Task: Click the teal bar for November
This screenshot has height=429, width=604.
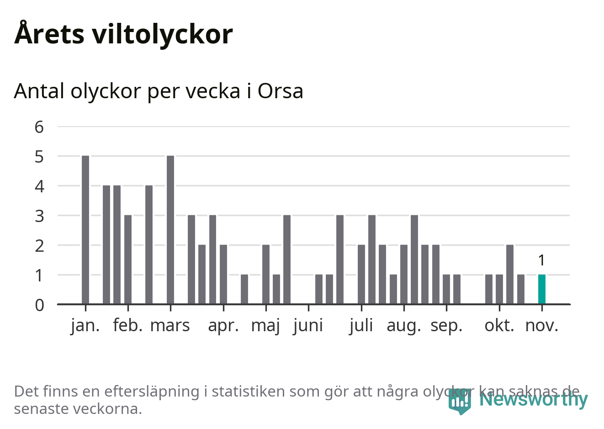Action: pyautogui.click(x=541, y=289)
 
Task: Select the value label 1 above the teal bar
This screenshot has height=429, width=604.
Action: pyautogui.click(x=541, y=260)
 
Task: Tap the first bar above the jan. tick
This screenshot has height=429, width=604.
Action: pyautogui.click(x=85, y=230)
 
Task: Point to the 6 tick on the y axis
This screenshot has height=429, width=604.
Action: pyautogui.click(x=39, y=127)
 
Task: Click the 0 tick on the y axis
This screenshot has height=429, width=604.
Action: pyautogui.click(x=39, y=305)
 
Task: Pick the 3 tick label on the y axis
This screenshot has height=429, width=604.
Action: pyautogui.click(x=39, y=216)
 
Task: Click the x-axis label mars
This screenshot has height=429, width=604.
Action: pyautogui.click(x=170, y=326)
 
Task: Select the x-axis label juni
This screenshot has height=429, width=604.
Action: pyautogui.click(x=308, y=326)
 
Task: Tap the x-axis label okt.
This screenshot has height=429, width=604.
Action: pyautogui.click(x=499, y=326)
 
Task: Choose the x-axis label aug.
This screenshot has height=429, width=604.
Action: pyautogui.click(x=403, y=326)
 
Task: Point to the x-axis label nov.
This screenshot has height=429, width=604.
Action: pyautogui.click(x=541, y=326)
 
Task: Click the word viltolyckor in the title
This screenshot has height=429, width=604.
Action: pyautogui.click(x=162, y=34)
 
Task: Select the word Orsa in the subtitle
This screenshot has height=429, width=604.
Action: pyautogui.click(x=280, y=91)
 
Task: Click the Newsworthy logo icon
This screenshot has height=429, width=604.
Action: pyautogui.click(x=459, y=401)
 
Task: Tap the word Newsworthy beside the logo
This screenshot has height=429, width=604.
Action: pyautogui.click(x=533, y=399)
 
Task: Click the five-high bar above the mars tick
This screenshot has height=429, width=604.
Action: pyautogui.click(x=170, y=230)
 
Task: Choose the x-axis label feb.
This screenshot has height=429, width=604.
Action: pyautogui.click(x=128, y=326)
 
